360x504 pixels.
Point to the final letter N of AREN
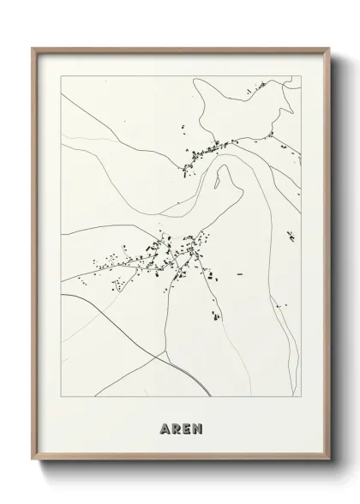[198, 426]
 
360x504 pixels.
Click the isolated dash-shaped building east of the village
[240, 273]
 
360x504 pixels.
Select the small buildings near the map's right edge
[291, 236]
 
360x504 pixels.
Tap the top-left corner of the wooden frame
[33, 48]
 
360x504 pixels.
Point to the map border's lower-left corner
[61, 398]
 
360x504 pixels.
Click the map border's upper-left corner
[61, 76]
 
